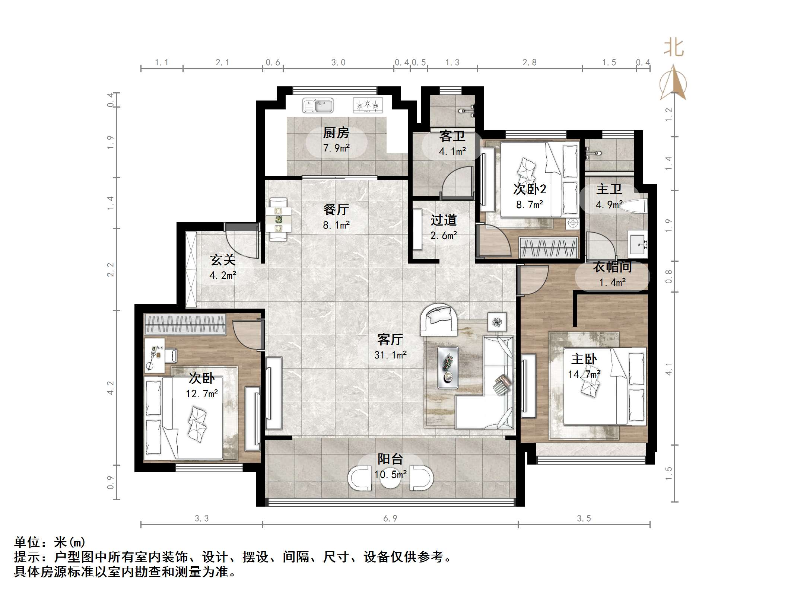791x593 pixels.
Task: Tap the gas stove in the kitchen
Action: pos(368,105)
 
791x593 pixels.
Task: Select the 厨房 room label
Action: pos(336,133)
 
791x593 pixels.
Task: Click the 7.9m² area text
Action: pos(336,148)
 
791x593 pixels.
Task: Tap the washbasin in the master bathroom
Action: pos(638,244)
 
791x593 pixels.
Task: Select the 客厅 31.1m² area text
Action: pos(390,355)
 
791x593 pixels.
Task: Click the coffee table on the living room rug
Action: pos(448,367)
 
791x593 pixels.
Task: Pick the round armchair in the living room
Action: pos(439,319)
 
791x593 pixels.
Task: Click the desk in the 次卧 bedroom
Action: pos(155,355)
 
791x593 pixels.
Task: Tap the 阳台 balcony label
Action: pos(390,459)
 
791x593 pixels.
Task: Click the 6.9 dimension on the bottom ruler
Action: pos(390,519)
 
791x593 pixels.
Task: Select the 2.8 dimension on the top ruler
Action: pos(529,63)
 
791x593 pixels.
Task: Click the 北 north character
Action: pos(674,48)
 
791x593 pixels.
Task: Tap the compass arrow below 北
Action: pos(673,83)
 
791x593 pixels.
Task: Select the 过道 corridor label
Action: pos(443,220)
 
